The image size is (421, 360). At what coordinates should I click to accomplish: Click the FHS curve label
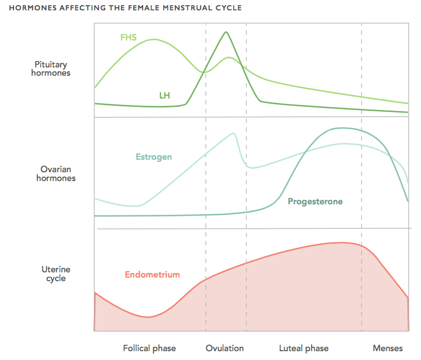(x=129, y=37)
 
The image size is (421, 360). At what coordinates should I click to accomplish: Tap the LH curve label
(x=164, y=95)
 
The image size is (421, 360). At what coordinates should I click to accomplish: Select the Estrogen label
(x=153, y=157)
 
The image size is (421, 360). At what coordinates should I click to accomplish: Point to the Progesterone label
(x=315, y=201)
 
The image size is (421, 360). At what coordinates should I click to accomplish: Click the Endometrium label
(x=152, y=274)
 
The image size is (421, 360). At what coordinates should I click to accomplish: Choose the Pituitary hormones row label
(x=51, y=69)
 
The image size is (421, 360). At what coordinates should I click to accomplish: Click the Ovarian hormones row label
(x=56, y=174)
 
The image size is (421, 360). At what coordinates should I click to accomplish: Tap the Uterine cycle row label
(x=56, y=274)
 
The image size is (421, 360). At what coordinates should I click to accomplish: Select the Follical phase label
(x=149, y=349)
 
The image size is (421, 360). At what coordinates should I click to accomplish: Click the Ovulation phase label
(x=224, y=348)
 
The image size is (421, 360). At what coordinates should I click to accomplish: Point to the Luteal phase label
(x=304, y=349)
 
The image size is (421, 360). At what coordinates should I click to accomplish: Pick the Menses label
(x=388, y=349)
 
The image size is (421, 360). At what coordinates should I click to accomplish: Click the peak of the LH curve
(x=226, y=32)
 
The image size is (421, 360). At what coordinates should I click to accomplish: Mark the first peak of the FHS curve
(x=154, y=39)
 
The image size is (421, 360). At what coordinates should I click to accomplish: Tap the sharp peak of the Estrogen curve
(x=234, y=133)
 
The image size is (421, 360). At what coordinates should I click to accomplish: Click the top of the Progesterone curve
(x=343, y=128)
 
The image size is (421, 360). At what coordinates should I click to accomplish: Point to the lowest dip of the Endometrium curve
(x=148, y=317)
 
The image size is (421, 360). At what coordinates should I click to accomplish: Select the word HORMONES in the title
(x=33, y=8)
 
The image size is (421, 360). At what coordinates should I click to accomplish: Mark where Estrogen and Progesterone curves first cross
(x=305, y=153)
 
